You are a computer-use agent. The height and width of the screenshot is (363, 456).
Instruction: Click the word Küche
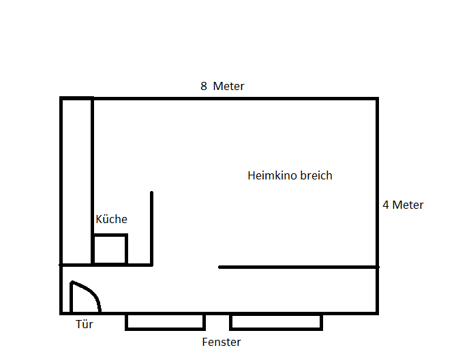tap(111, 219)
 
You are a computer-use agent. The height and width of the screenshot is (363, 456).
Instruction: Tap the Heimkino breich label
tap(290, 175)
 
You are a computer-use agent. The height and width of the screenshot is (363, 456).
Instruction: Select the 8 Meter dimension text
tap(222, 86)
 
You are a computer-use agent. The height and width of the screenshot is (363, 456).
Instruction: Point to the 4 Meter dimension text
tap(403, 205)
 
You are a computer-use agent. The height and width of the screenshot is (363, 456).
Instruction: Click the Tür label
tap(84, 324)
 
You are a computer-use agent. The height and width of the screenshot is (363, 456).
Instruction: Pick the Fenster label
tap(222, 342)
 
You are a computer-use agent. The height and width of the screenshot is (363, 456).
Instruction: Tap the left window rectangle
tap(165, 321)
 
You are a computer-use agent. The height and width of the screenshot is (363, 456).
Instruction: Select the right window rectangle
tap(276, 321)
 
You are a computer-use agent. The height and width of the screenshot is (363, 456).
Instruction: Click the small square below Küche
tap(110, 250)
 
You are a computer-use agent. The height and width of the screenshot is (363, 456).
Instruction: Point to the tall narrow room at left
tap(77, 181)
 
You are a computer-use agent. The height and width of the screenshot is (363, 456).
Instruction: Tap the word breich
tap(316, 175)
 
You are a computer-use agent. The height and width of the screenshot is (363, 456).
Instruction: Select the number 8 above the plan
tap(203, 86)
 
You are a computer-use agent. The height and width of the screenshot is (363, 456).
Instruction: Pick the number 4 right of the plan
tap(386, 205)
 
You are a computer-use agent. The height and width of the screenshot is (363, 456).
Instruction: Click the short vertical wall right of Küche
tap(151, 229)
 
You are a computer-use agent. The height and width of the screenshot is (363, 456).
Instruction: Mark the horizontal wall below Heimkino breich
tap(298, 267)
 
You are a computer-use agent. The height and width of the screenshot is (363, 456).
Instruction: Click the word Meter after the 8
tap(228, 86)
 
